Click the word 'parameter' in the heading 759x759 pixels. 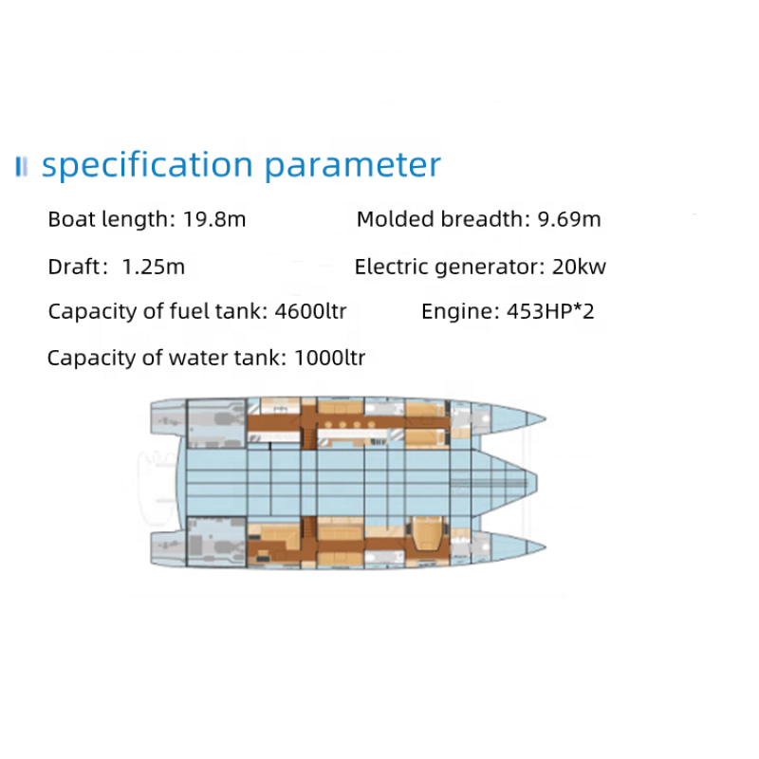click(353, 165)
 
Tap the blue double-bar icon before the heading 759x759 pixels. click(21, 167)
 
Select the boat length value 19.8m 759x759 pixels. click(213, 219)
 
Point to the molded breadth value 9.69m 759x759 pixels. click(569, 219)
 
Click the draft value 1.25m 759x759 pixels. click(154, 267)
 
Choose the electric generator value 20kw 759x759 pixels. click(579, 267)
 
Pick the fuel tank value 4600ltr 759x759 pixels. click(309, 311)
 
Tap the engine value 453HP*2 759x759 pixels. click(551, 311)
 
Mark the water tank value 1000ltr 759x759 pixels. click(329, 358)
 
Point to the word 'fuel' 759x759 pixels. click(181, 311)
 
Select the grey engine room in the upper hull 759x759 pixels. click(216, 423)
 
